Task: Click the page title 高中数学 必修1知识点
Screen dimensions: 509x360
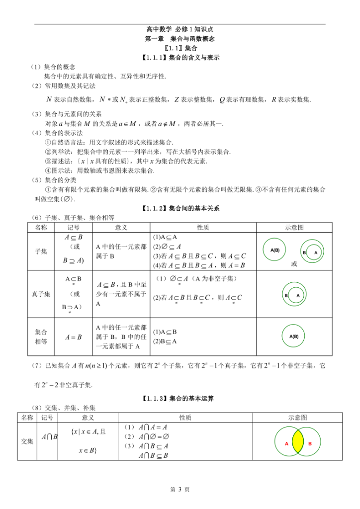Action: tap(180, 30)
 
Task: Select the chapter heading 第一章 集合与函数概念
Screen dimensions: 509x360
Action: tap(180, 39)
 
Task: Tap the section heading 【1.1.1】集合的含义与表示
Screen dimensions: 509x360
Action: tap(180, 58)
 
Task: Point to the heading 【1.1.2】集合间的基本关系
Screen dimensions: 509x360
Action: tap(180, 208)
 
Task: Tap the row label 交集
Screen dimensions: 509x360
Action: tap(27, 441)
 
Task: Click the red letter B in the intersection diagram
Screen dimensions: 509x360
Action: tap(310, 443)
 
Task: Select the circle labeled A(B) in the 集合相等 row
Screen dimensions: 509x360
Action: tap(294, 337)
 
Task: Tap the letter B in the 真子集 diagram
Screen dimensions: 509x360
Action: tap(286, 295)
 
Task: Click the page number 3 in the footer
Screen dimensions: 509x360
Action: tap(180, 490)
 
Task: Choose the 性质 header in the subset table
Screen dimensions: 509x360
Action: tap(203, 227)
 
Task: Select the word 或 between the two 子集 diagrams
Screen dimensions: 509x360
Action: tap(294, 264)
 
